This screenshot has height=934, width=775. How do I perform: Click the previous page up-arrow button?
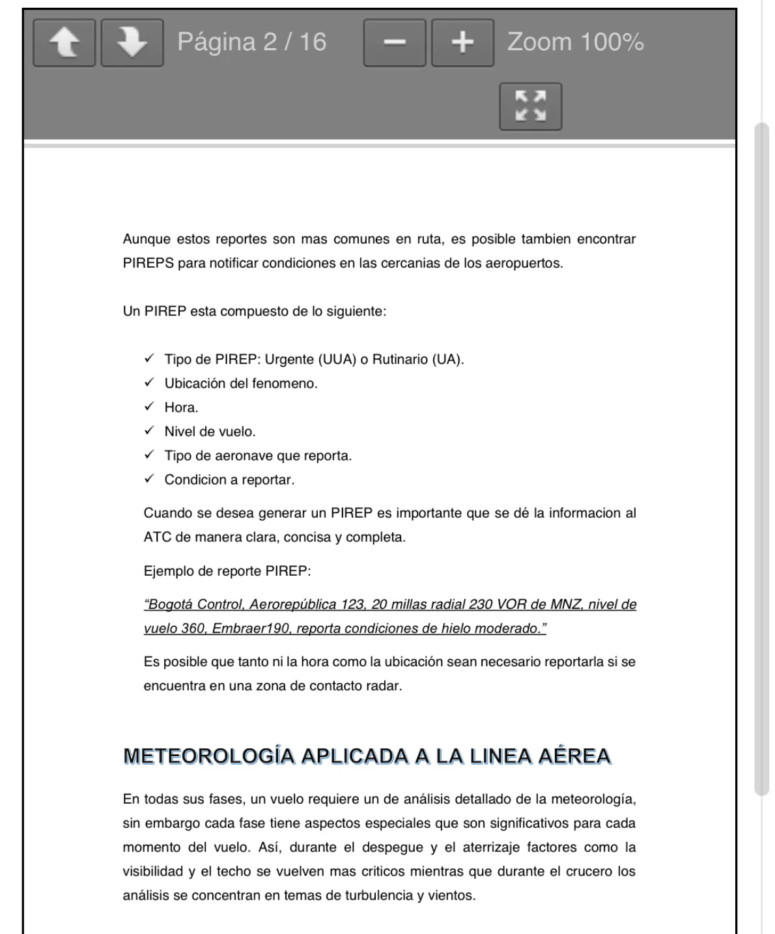(x=64, y=43)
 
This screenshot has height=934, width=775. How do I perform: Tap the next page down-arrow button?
(x=132, y=43)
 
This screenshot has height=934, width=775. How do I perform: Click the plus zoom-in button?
(x=462, y=43)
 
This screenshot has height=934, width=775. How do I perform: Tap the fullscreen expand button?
(x=530, y=106)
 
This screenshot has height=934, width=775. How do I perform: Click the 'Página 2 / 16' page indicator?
(x=251, y=42)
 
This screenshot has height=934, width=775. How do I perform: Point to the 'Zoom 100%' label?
(x=575, y=42)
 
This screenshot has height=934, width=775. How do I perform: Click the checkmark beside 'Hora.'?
(x=150, y=407)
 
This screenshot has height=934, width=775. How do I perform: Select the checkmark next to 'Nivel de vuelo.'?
(x=150, y=431)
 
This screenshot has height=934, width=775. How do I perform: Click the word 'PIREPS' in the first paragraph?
(x=148, y=263)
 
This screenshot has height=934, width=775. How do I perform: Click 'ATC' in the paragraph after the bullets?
(x=158, y=537)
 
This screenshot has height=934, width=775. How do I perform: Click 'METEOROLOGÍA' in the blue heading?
(x=208, y=756)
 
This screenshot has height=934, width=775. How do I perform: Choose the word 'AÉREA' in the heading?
(x=574, y=756)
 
